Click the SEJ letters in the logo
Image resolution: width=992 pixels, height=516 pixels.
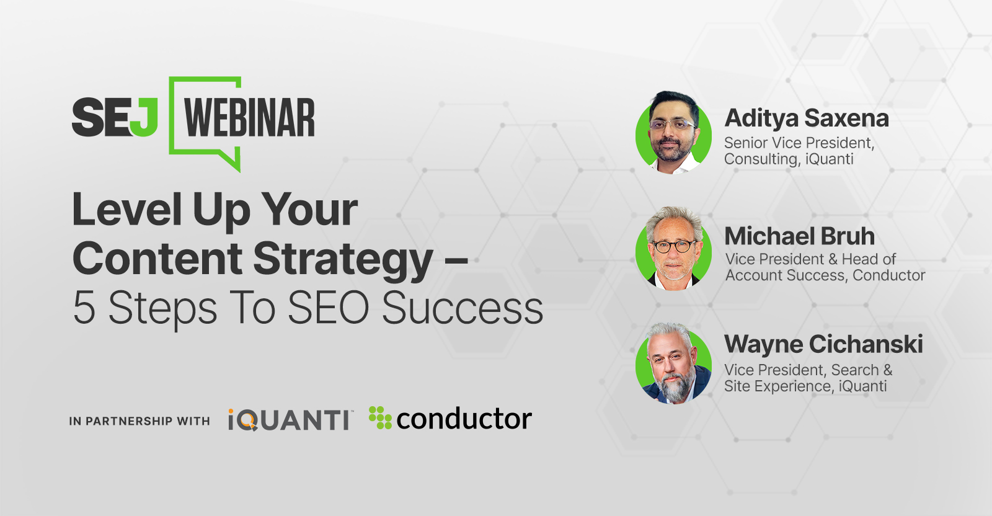coord(115,117)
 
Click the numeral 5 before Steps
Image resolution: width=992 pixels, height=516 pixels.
coord(84,308)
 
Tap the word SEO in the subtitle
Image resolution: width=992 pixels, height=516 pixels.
coord(328,308)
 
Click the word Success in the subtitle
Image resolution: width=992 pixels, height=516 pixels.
coord(462,308)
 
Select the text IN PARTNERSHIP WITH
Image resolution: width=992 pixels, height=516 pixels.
coord(139,421)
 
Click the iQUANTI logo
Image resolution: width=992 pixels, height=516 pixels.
coord(289,420)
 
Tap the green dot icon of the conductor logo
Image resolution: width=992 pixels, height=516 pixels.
coord(379,417)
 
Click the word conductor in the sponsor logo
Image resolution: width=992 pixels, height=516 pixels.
coord(464,419)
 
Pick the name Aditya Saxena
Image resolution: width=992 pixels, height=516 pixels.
coord(807,118)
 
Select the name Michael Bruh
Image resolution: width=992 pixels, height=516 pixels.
coord(799,236)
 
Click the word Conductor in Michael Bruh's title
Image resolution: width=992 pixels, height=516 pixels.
coord(889,275)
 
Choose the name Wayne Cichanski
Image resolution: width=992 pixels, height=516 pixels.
coord(823,344)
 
